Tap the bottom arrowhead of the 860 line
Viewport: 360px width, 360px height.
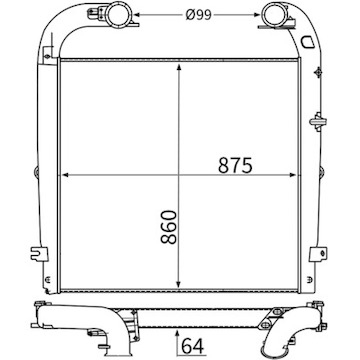179,286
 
